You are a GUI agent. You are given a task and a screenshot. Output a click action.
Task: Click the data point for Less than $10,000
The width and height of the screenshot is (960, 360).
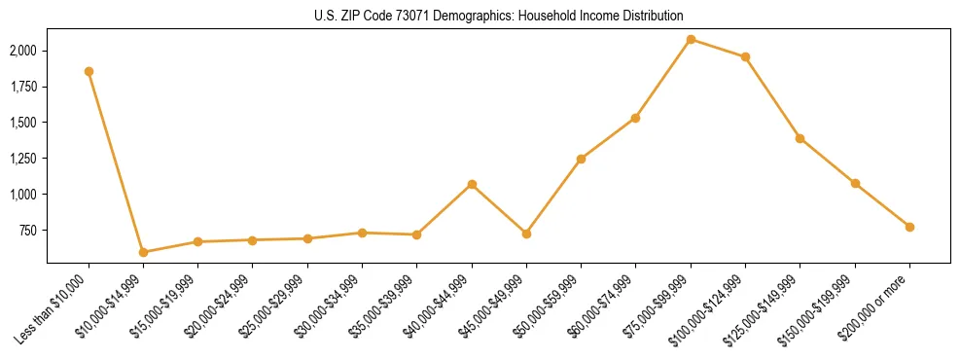tap(89, 71)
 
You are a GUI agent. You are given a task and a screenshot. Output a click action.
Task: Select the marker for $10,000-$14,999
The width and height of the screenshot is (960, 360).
tap(143, 252)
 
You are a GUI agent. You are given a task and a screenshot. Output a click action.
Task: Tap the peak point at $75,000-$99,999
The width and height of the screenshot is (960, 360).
tap(691, 39)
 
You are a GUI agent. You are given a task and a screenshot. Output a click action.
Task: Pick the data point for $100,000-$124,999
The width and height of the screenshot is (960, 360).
tap(745, 56)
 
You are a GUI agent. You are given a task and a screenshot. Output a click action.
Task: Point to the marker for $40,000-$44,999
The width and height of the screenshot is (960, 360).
tap(472, 184)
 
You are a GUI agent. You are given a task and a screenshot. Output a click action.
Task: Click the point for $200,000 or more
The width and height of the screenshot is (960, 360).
tap(909, 227)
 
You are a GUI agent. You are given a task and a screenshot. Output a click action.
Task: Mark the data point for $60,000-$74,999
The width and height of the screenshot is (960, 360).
tap(635, 118)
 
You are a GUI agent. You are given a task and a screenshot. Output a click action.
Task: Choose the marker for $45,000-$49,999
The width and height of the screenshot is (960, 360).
tap(526, 234)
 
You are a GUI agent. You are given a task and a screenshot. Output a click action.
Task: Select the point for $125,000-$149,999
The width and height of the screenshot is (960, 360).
tap(800, 138)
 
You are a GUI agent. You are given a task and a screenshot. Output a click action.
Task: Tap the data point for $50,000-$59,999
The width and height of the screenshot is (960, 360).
tap(581, 159)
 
